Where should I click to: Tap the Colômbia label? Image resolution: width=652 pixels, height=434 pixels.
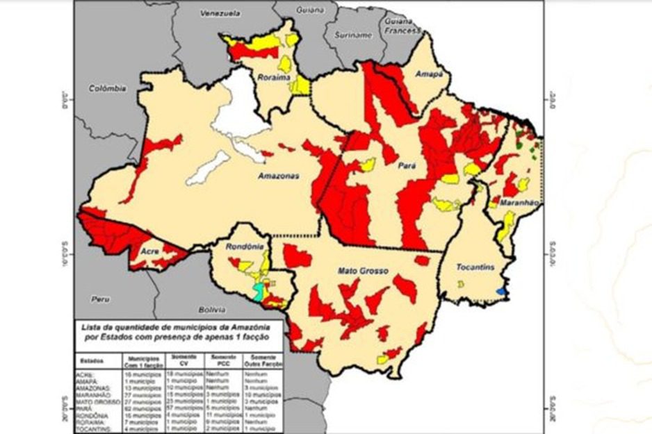pos(108,88)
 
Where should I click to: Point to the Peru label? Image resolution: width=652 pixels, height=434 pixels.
pos(100,298)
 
